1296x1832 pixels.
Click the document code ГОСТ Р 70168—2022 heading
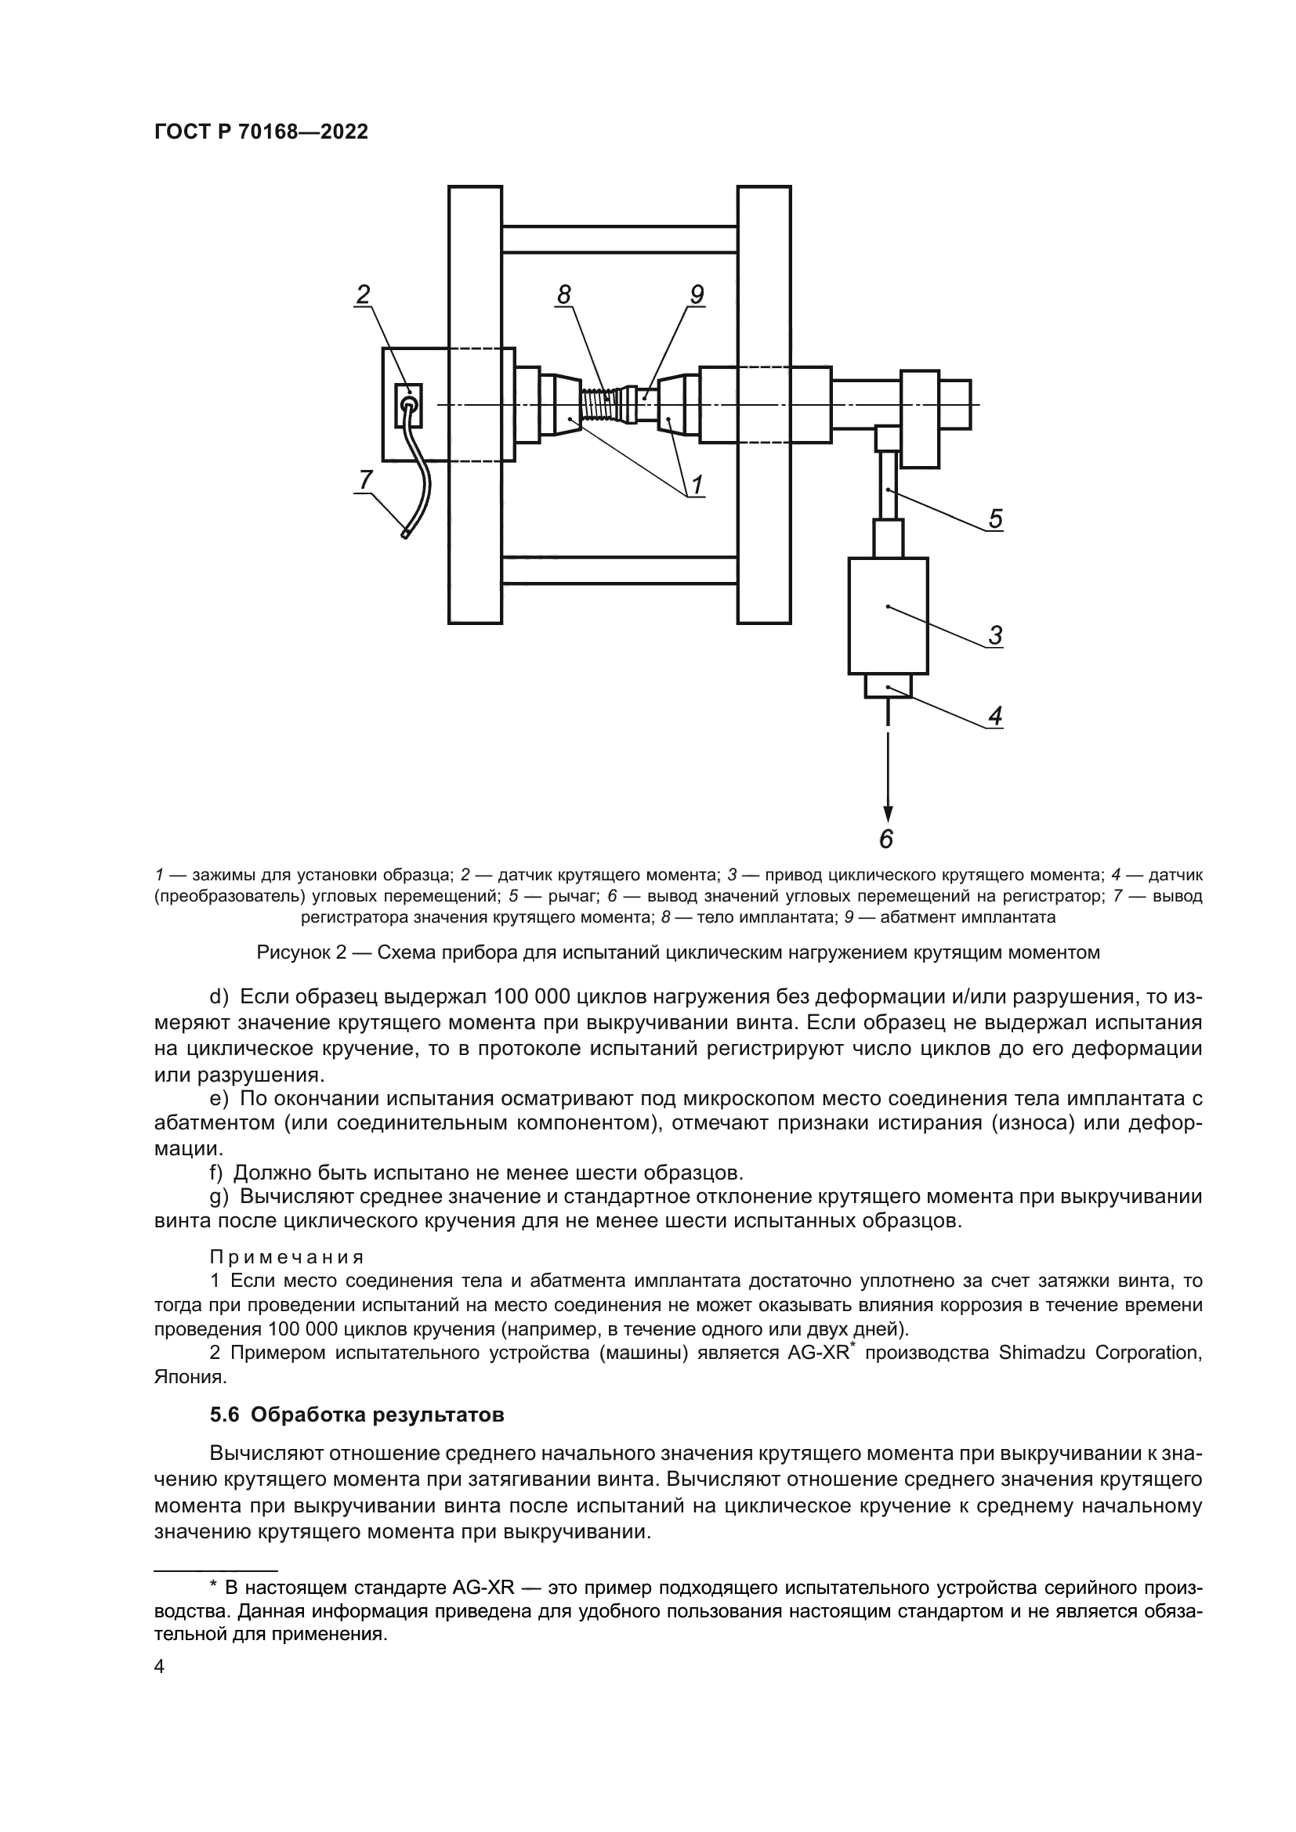click(261, 132)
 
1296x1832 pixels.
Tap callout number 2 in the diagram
click(363, 295)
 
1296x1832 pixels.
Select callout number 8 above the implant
click(564, 295)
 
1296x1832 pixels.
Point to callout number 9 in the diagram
click(696, 295)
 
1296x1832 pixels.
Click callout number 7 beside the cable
click(364, 479)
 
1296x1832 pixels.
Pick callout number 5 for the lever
click(995, 519)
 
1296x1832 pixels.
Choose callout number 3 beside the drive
click(995, 636)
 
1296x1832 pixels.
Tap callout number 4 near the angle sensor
click(995, 717)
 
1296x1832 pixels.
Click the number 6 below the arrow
click(887, 839)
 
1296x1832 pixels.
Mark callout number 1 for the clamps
click(696, 484)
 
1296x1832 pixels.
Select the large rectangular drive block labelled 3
click(888, 615)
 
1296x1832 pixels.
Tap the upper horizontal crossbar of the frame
click(619, 240)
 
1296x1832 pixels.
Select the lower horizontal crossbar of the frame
click(619, 569)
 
